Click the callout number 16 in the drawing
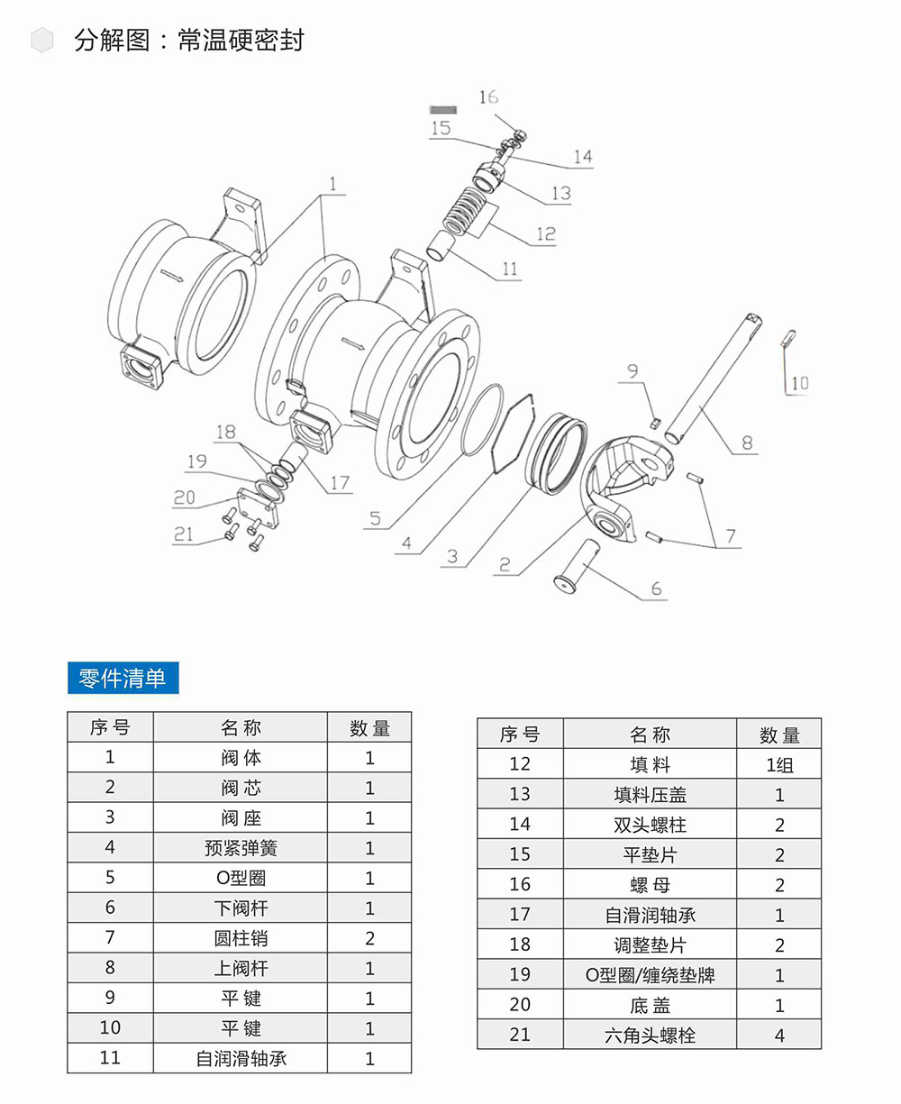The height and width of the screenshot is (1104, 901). tap(488, 97)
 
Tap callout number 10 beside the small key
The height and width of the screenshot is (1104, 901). tap(799, 384)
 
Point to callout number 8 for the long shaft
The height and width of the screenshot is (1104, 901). tap(747, 443)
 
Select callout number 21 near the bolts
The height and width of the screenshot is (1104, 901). tap(183, 534)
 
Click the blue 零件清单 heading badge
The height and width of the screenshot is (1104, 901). tap(123, 679)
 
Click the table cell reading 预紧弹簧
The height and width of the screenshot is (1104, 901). tap(241, 848)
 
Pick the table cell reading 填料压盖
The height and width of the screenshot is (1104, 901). tap(650, 795)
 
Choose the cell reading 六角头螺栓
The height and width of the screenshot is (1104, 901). tap(650, 1036)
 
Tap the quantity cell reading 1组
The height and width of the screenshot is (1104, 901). tap(779, 765)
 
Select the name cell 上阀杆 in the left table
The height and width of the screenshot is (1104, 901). tap(241, 969)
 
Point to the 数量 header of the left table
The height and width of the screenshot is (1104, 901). tap(369, 728)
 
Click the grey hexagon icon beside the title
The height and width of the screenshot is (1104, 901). tap(42, 41)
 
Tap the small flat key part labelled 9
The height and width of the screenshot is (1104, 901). tap(656, 419)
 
